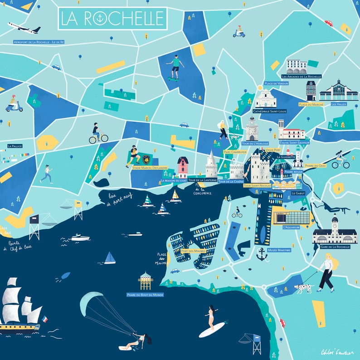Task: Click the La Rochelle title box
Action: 113,18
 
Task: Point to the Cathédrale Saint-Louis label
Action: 269,111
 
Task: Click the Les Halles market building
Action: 338,91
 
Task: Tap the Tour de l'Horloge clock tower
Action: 252,129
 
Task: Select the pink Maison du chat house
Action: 182,167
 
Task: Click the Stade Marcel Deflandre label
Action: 150,168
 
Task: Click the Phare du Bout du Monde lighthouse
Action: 146,281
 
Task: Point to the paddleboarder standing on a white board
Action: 211,317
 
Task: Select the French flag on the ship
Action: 44,319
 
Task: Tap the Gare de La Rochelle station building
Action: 335,233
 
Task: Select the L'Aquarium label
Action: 291,227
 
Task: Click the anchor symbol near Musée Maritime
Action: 262,254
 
